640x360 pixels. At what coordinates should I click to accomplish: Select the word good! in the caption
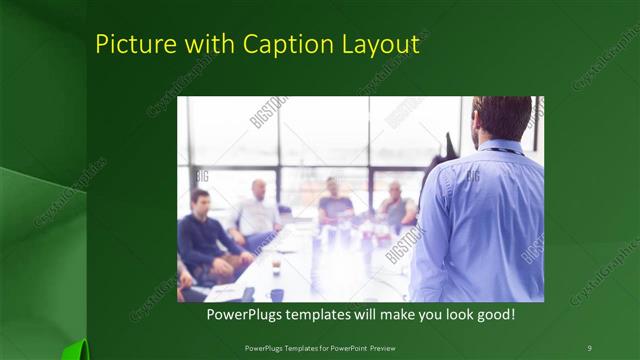pos(492,315)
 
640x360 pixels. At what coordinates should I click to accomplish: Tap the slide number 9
pos(589,347)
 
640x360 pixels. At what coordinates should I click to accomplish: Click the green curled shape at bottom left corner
pos(72,350)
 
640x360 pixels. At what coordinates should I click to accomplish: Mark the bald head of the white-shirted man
pos(259,185)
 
